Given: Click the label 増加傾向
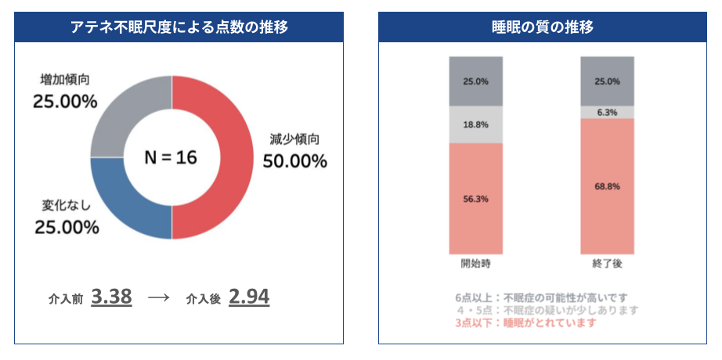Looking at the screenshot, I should (x=64, y=80).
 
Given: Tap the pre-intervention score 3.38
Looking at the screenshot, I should (x=111, y=297).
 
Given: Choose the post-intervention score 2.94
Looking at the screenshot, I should (x=249, y=297).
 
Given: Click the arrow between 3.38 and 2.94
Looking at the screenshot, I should (x=159, y=298).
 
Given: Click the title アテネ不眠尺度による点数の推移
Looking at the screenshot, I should (x=179, y=27).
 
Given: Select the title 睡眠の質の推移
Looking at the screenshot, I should (x=542, y=27).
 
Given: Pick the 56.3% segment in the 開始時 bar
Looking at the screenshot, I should (x=475, y=199).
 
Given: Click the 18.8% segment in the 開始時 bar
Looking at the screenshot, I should (x=475, y=124).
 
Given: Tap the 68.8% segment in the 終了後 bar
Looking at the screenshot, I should (x=607, y=186).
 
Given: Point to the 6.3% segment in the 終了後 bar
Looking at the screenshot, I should (x=607, y=112).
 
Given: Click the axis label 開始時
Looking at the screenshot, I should (x=475, y=264).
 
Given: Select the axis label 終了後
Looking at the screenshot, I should (x=607, y=264).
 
